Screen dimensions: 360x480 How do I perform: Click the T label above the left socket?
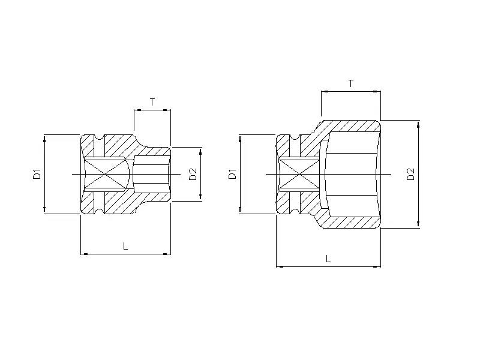[152, 102]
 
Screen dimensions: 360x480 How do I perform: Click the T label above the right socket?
[350, 83]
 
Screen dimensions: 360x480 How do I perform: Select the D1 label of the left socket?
[37, 174]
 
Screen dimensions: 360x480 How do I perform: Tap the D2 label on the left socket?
[193, 174]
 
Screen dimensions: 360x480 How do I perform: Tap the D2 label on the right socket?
[410, 174]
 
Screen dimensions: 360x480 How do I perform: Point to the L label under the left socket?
[125, 246]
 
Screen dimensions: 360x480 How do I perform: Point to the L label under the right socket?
[328, 259]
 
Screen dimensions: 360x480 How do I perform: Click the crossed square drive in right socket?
[299, 174]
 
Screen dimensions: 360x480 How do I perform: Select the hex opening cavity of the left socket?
[151, 174]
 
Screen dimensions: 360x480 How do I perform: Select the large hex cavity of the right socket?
[352, 174]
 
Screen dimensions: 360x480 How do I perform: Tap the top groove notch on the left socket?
[100, 142]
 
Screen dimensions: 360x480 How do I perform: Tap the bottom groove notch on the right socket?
[295, 206]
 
